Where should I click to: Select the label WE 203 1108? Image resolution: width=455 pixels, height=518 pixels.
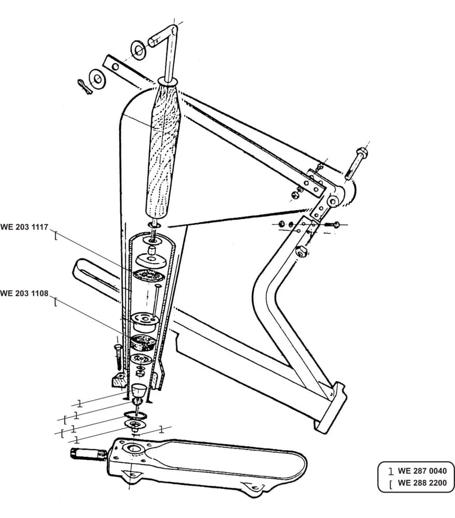(x=25, y=293)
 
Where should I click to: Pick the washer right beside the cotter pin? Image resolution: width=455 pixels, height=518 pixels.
(x=97, y=78)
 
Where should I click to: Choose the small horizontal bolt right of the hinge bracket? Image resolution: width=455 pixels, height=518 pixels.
(x=332, y=225)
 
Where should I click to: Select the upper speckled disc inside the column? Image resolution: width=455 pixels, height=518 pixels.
(x=149, y=276)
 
